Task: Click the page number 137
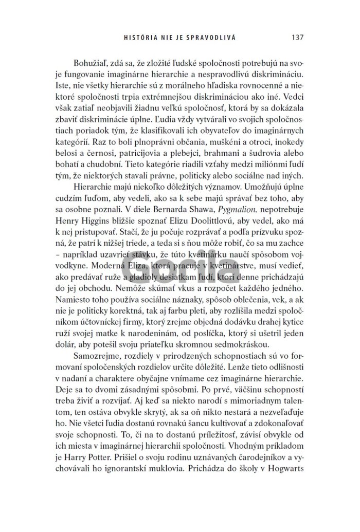pyautogui.click(x=298, y=37)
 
